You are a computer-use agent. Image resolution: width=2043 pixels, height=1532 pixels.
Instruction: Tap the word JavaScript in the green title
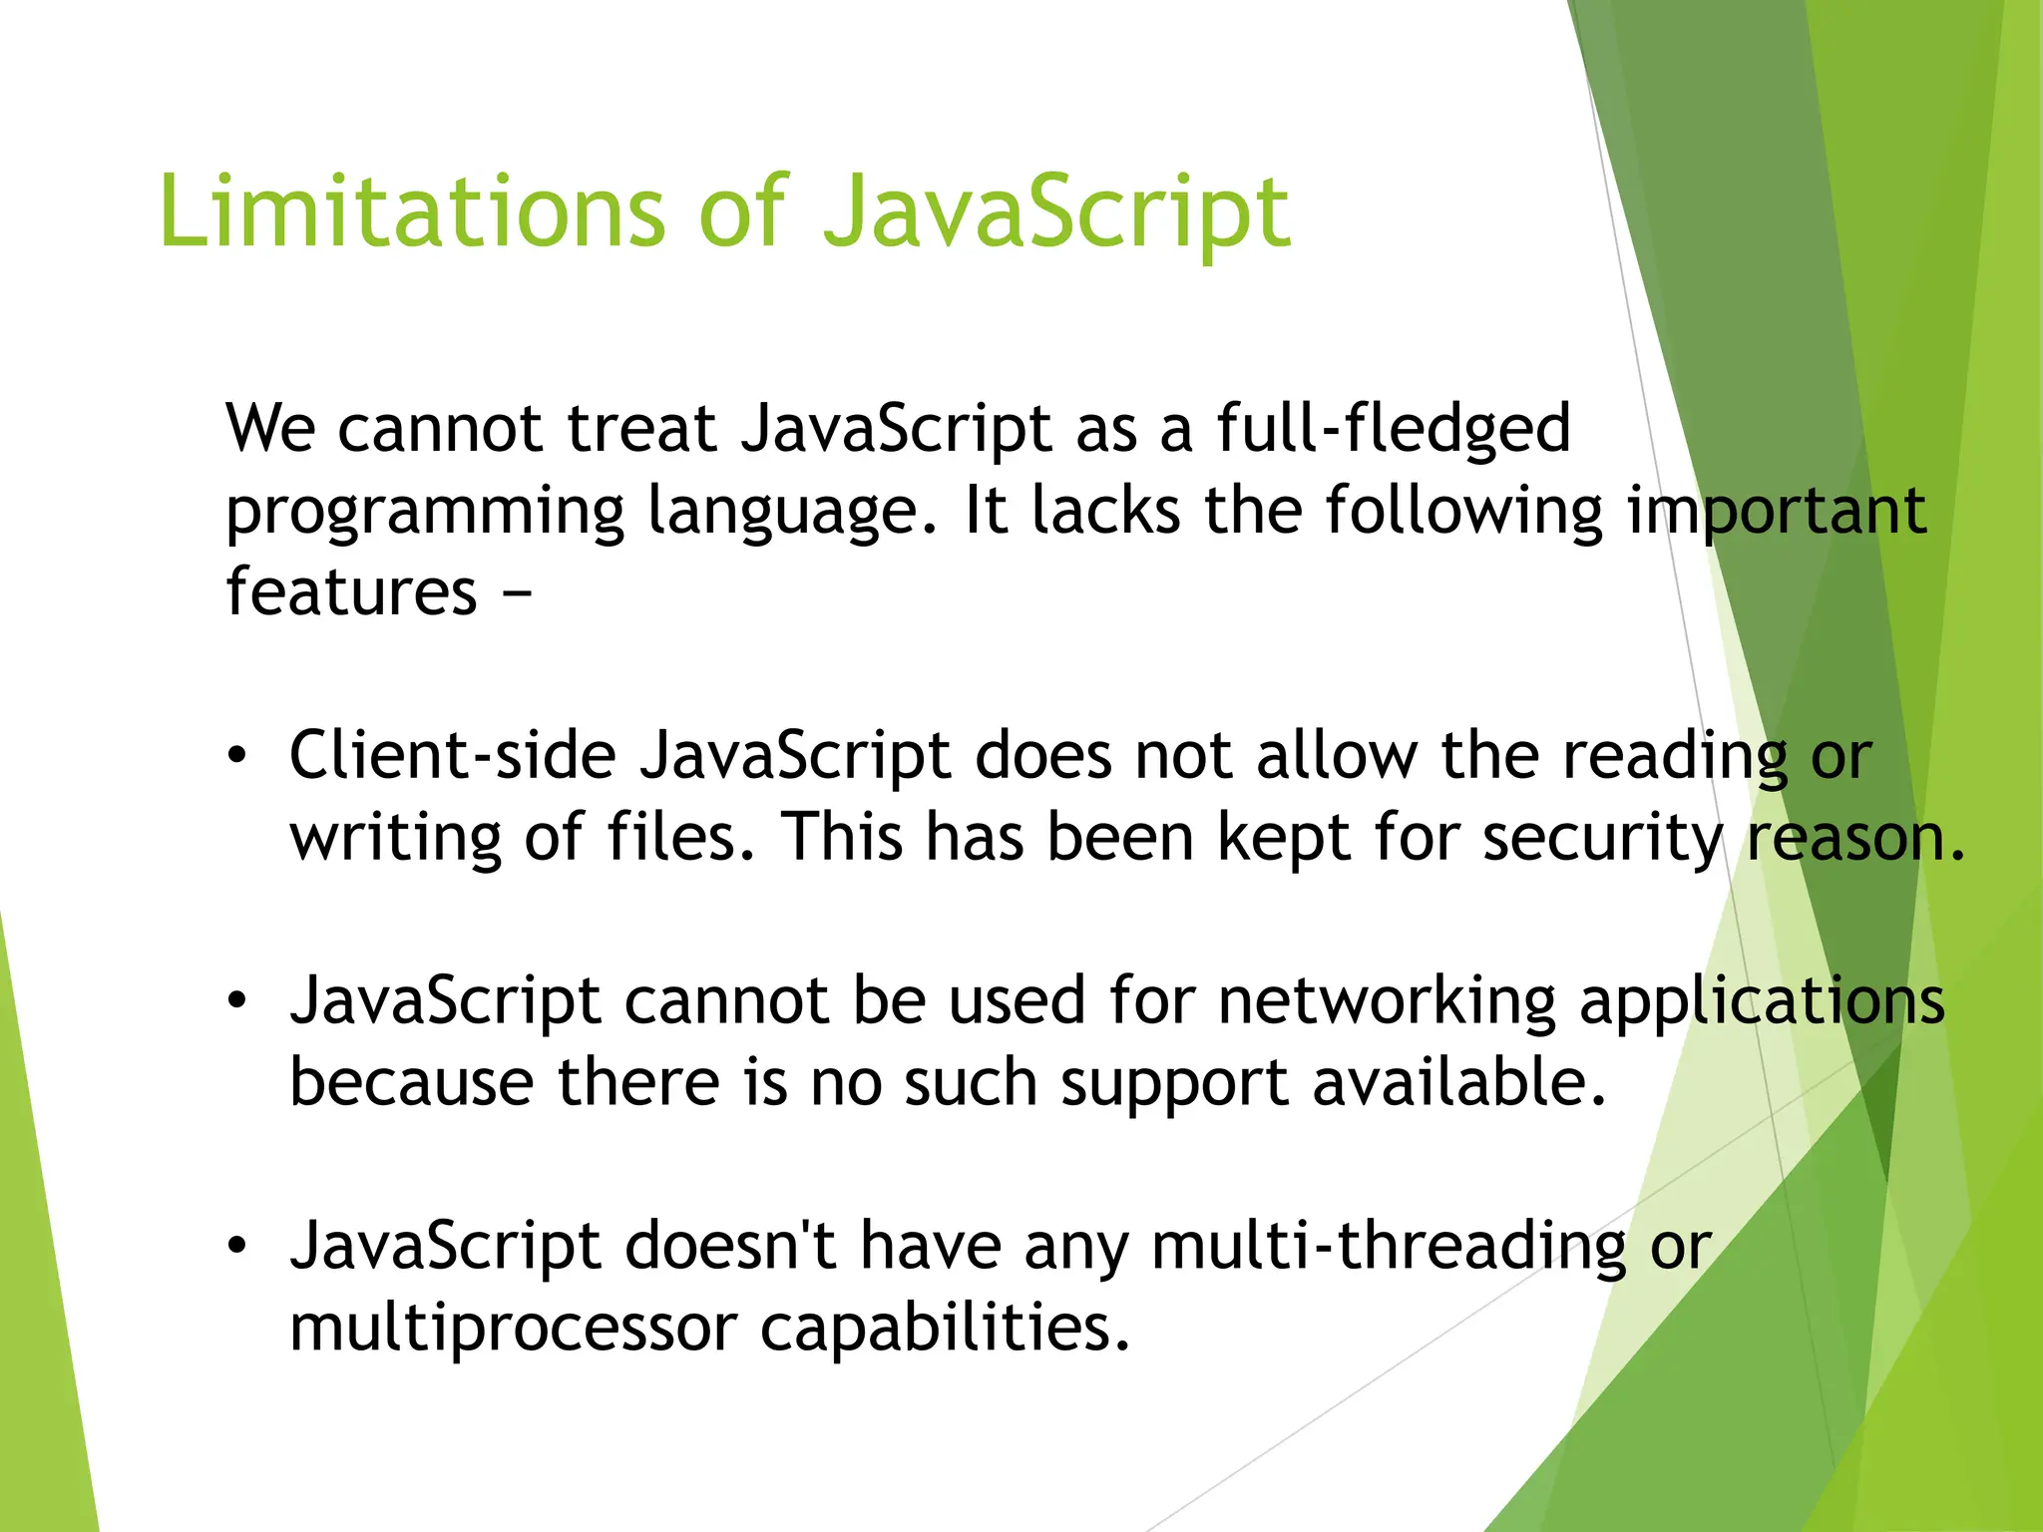pos(1055,211)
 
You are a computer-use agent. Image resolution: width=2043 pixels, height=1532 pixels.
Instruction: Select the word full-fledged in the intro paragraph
pos(1393,429)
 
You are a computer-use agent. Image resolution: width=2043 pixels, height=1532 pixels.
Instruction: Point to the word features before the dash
pos(351,592)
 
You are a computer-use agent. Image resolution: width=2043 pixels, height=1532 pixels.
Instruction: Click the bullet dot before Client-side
pos(236,756)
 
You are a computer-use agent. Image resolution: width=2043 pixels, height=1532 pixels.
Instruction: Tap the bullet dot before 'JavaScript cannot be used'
pos(236,1001)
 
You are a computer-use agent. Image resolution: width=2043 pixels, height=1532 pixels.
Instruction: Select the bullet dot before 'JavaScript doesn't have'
pos(236,1247)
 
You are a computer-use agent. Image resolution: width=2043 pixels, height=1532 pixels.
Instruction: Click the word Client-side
pos(453,756)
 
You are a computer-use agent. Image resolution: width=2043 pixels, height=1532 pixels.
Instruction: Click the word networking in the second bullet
pos(1387,1001)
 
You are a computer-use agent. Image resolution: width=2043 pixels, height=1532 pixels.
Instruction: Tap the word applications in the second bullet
pos(1762,1001)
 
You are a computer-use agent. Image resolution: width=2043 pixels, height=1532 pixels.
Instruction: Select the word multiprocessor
pos(513,1329)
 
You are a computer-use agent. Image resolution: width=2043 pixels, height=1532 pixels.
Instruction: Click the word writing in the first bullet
pos(395,838)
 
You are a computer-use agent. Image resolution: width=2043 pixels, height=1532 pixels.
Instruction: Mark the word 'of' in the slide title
pos(742,211)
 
